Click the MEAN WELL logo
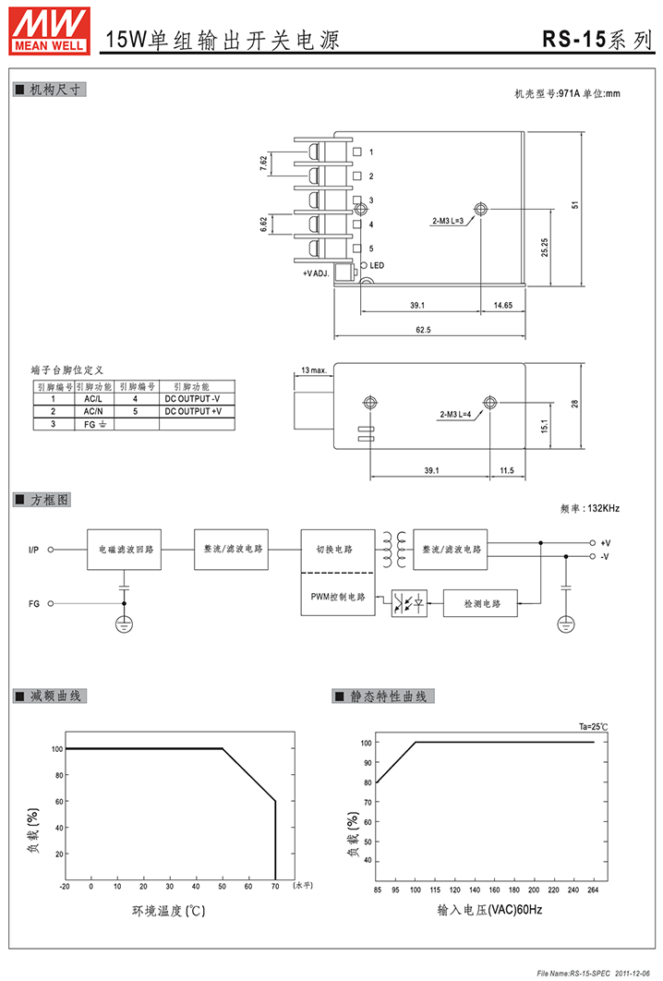click(x=49, y=31)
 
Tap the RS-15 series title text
click(x=597, y=40)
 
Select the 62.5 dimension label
click(x=424, y=330)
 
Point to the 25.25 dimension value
click(x=545, y=248)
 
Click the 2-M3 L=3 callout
click(x=448, y=221)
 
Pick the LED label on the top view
click(x=377, y=265)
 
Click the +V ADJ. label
click(x=316, y=273)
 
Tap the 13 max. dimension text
click(x=314, y=369)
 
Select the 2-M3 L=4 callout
click(x=455, y=414)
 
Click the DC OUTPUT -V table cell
click(x=193, y=398)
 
